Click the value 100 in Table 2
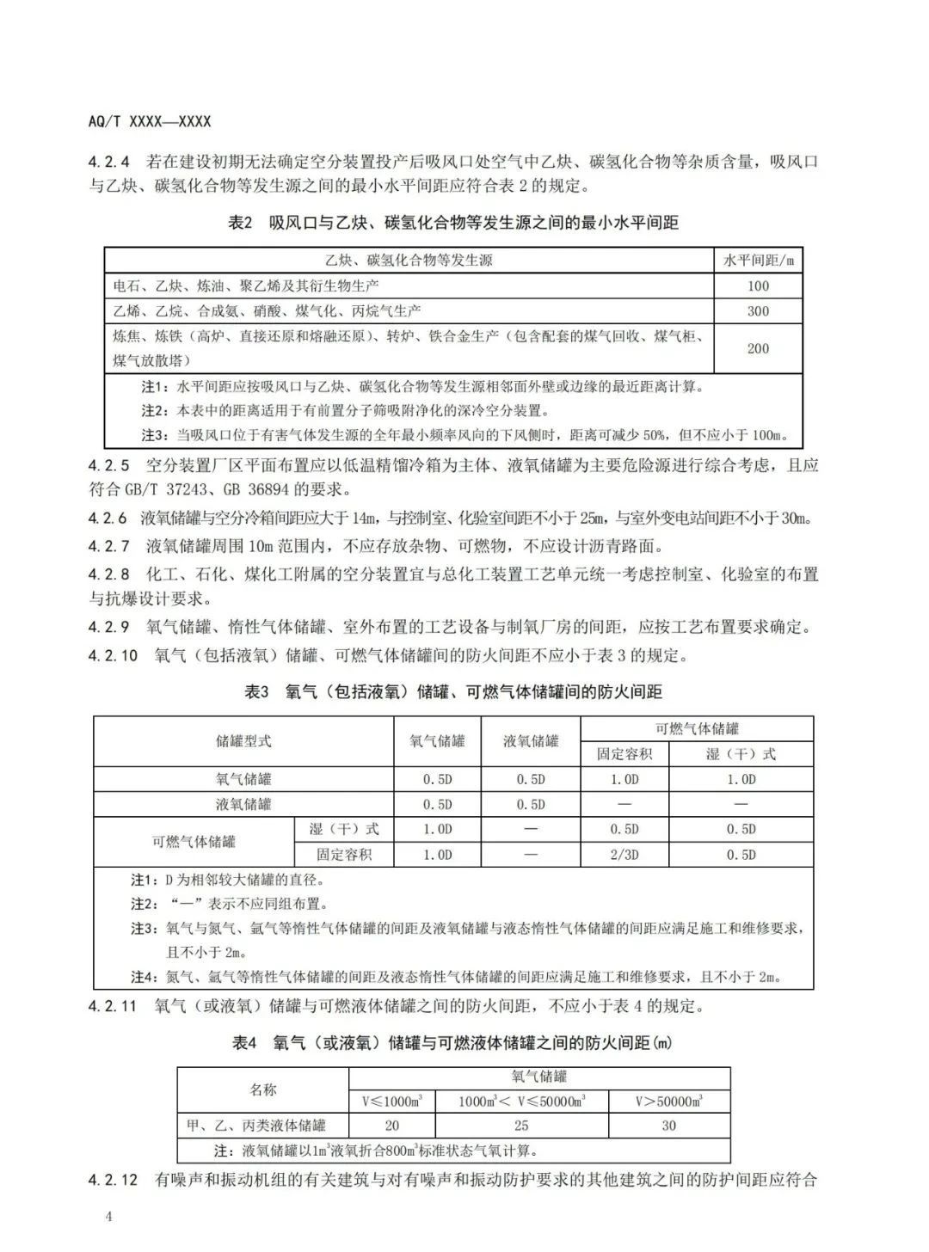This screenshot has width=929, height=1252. click(x=758, y=285)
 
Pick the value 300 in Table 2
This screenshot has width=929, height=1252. click(x=758, y=310)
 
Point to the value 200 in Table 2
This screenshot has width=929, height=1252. click(x=758, y=348)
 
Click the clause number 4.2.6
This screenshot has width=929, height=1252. click(x=108, y=519)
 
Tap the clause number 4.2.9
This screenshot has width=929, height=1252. click(x=108, y=628)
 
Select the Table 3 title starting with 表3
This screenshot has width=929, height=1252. click(x=453, y=692)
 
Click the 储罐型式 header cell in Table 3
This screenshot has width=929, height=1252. click(x=243, y=741)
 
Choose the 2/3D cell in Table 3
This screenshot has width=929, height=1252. click(x=624, y=855)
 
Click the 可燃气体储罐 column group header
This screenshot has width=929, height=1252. click(x=697, y=729)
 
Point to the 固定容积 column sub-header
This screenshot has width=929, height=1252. click(x=624, y=754)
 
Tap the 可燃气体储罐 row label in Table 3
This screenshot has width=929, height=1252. click(x=194, y=842)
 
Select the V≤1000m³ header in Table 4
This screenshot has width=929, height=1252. click(x=391, y=1102)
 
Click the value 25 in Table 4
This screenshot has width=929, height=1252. click(x=521, y=1126)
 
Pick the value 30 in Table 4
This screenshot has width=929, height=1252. click(x=668, y=1126)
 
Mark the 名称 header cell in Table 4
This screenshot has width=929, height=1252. click(x=262, y=1089)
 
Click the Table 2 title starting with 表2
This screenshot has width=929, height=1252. click(x=453, y=223)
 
